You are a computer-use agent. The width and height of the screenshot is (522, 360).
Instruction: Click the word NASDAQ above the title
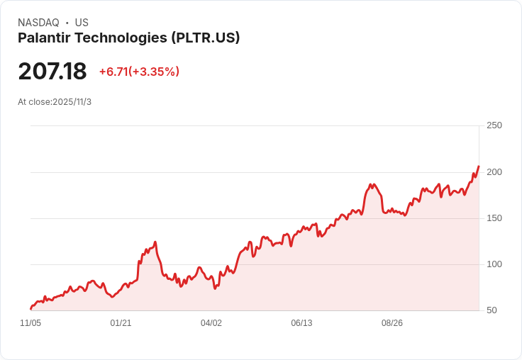pos(38,23)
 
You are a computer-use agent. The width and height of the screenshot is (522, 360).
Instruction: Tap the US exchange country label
pos(82,23)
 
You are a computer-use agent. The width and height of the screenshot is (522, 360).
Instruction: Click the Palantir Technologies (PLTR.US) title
pos(128,38)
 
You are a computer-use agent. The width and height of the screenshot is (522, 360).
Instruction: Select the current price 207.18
pos(52,71)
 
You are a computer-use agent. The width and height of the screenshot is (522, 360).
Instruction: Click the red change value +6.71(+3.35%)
pos(139,72)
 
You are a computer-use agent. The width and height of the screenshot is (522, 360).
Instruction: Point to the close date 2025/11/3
pos(72,102)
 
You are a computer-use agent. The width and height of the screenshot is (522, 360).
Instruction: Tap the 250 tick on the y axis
pos(494,125)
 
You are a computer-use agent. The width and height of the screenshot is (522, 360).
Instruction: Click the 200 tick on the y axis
pos(494,172)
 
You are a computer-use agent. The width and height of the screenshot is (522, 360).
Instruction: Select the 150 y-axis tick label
pos(494,218)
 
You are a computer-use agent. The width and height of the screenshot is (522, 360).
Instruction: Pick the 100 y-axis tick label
pos(494,264)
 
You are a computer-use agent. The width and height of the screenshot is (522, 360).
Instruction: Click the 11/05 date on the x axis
pos(30,323)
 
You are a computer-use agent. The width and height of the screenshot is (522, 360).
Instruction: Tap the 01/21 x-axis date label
pos(121,323)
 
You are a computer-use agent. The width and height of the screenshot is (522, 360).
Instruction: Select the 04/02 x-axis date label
pos(211,323)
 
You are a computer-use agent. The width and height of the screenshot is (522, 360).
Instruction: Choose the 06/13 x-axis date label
pos(301,323)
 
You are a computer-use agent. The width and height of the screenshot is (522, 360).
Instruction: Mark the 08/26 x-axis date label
pos(392,323)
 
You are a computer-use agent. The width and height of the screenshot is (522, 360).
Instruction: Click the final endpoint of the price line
pos(479,167)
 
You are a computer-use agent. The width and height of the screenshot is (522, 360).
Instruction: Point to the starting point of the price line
pos(30,308)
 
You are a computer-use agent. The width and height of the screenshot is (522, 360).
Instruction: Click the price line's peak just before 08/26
pos(371,184)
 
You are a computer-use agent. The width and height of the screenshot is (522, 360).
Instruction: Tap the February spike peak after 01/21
pos(155,242)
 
